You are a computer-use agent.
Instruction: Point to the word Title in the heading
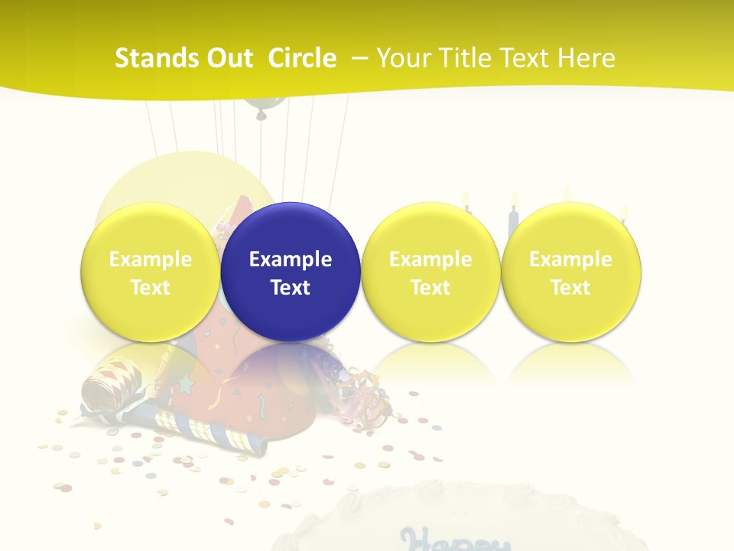coord(467,58)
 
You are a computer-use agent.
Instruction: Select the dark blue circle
coord(291,272)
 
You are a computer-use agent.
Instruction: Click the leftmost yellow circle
coord(151,272)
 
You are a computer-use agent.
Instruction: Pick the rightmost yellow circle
coord(571,272)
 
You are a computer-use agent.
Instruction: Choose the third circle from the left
coord(430,272)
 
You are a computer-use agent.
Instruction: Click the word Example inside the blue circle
coord(291,259)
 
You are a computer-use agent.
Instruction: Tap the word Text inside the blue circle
coord(291,288)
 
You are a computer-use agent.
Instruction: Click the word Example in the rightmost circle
coord(571,259)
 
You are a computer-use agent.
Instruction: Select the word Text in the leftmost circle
coord(151,288)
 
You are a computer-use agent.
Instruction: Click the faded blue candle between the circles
coord(513,218)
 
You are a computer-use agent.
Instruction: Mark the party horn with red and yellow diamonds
coord(115,383)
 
